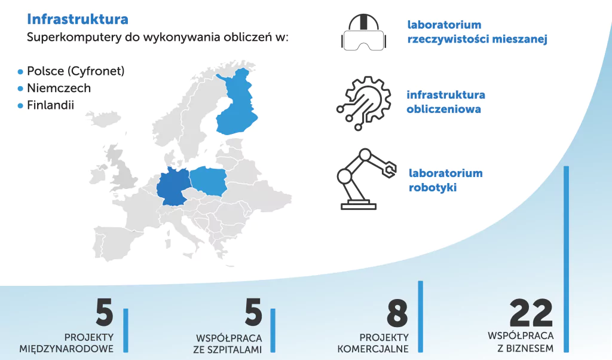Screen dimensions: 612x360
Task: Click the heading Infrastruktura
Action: [x=77, y=19]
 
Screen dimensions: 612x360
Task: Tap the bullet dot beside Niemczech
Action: [x=21, y=89]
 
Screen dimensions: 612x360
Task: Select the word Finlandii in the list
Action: [x=50, y=105]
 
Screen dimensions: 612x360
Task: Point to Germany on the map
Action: [x=173, y=187]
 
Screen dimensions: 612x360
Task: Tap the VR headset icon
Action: [x=364, y=32]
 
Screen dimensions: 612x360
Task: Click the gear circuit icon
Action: [x=364, y=103]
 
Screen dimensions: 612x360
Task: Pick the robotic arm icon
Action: [x=366, y=179]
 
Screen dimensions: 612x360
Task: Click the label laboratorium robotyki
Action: [x=445, y=180]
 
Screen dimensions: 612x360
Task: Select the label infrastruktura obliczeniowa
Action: [x=446, y=102]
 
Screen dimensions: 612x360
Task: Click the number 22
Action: [x=531, y=313]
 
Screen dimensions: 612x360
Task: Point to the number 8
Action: [x=397, y=313]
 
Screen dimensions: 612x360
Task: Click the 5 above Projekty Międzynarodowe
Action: [x=105, y=312]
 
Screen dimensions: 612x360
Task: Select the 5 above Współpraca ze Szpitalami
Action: [x=253, y=312]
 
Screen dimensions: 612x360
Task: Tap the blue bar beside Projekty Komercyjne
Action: [x=420, y=317]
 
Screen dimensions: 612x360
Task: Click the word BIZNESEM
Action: [x=530, y=348]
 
